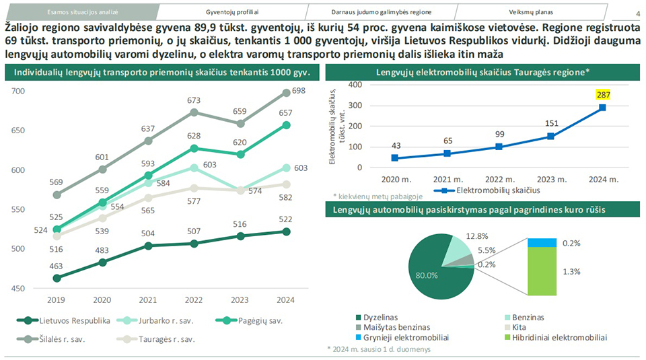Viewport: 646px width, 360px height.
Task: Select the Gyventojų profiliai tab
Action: pos(232,12)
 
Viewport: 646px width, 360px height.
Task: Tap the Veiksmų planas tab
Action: pos(532,12)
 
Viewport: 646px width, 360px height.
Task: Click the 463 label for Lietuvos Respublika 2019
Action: pos(56,266)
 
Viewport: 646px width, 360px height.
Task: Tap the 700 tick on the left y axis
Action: pos(18,91)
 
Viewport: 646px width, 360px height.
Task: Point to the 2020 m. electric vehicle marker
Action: pos(394,158)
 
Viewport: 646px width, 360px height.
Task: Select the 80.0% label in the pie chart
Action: pos(427,275)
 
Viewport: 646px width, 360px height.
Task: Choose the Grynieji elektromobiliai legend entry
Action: pos(406,337)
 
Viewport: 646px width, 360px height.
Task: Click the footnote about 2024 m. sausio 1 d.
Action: pos(378,349)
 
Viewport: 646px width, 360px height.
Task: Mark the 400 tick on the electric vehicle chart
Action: pos(355,85)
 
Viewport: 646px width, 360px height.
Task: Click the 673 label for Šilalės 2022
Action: pos(193,100)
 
